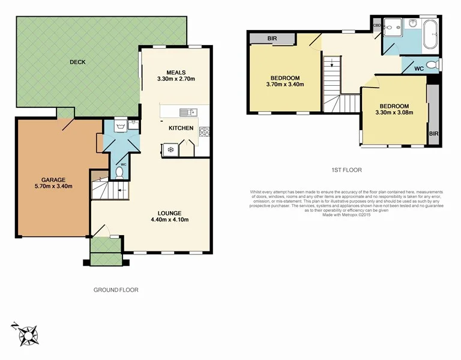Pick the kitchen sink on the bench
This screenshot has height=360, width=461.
click(191, 112)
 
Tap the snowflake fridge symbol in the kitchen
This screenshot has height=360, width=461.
click(170, 149)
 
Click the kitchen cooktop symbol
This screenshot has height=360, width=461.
click(204, 132)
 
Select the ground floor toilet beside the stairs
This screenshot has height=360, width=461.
click(119, 173)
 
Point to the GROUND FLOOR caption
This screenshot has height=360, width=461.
click(116, 290)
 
